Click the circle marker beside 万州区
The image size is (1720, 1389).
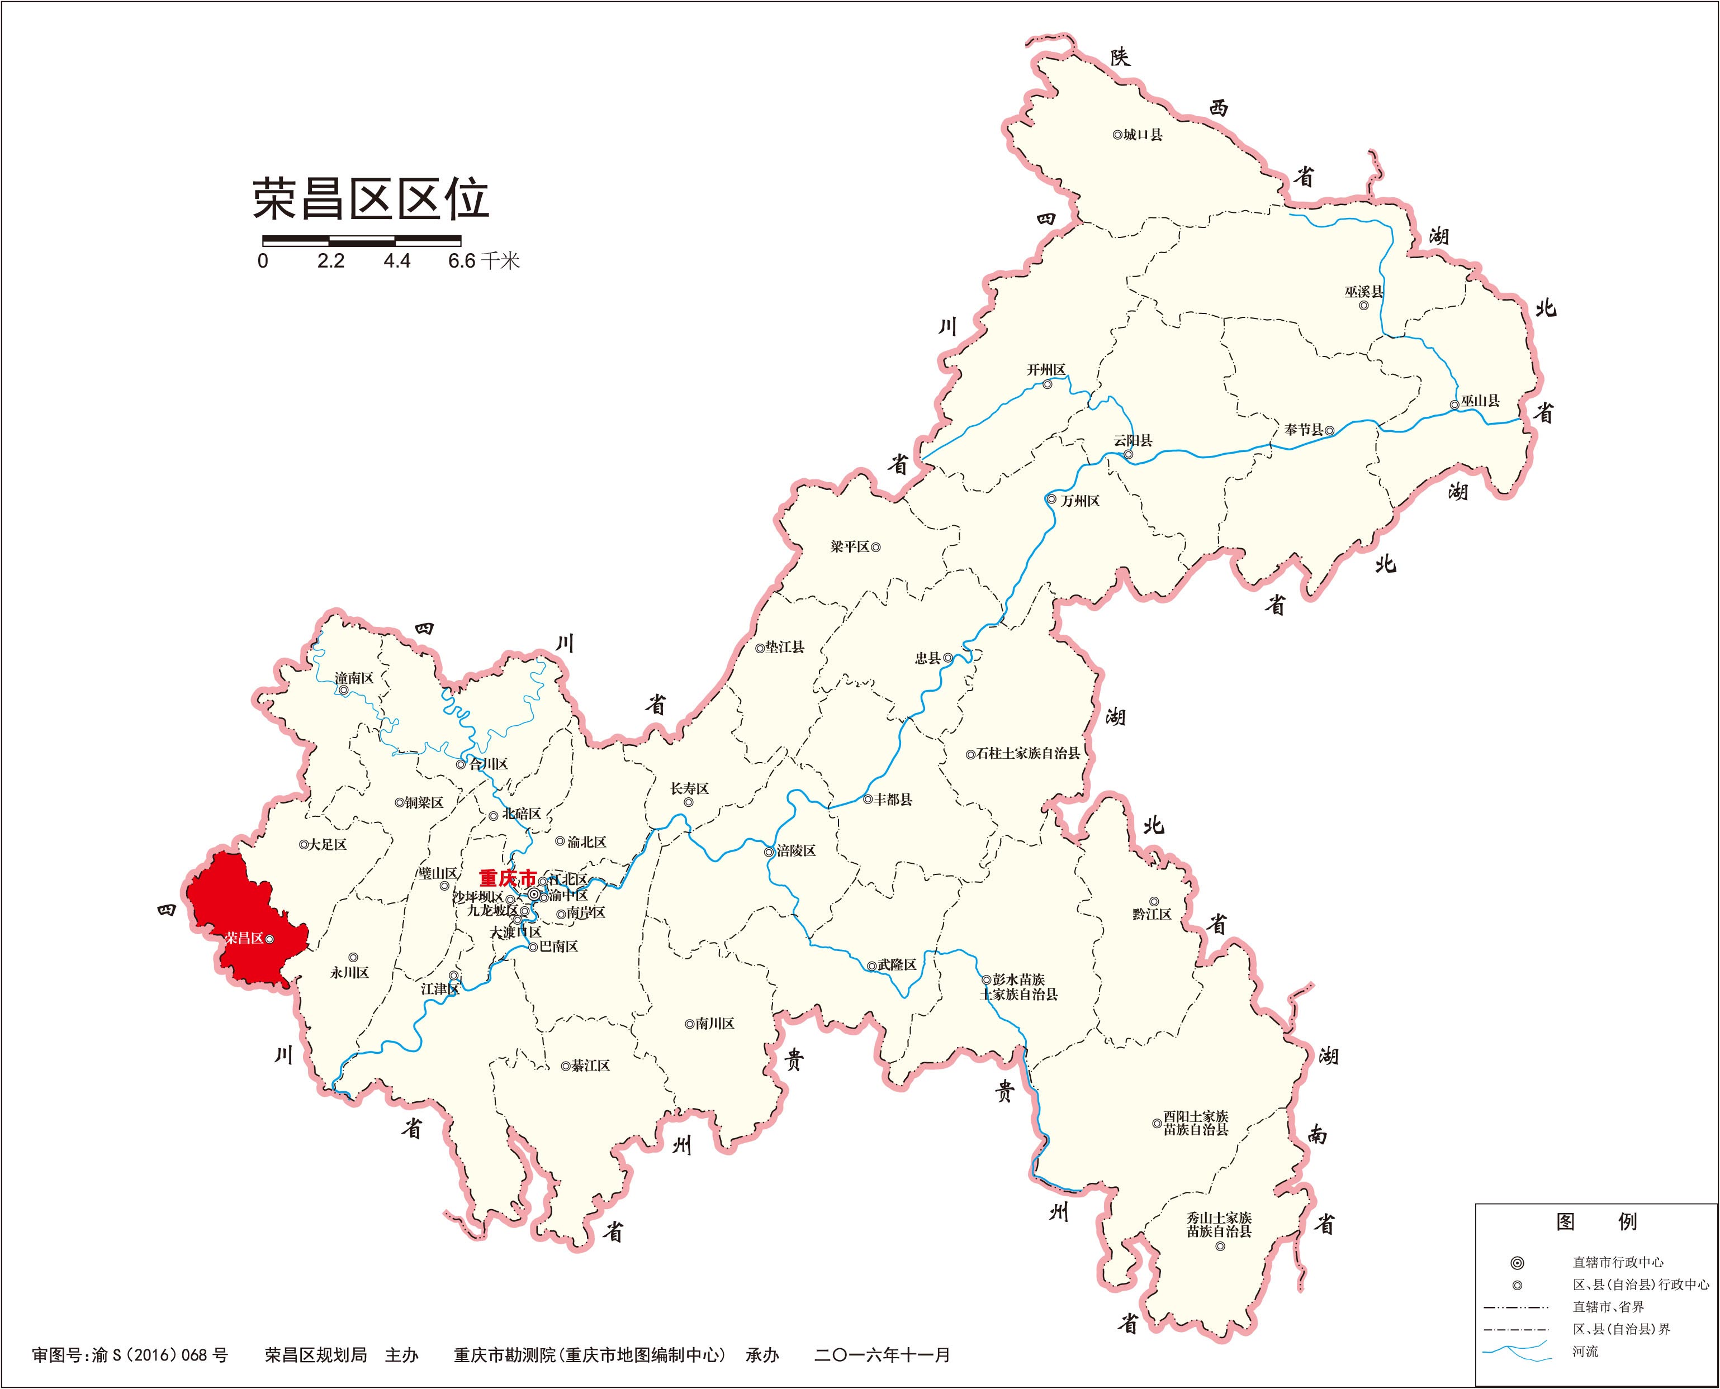tap(1051, 500)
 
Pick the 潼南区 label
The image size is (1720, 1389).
tap(354, 678)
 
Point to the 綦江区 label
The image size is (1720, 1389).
tap(590, 1065)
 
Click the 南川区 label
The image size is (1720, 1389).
tap(715, 1024)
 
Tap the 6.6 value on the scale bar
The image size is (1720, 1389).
tap(462, 261)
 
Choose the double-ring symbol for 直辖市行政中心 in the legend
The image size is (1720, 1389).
tap(1517, 1263)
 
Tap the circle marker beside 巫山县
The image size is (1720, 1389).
tap(1454, 405)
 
